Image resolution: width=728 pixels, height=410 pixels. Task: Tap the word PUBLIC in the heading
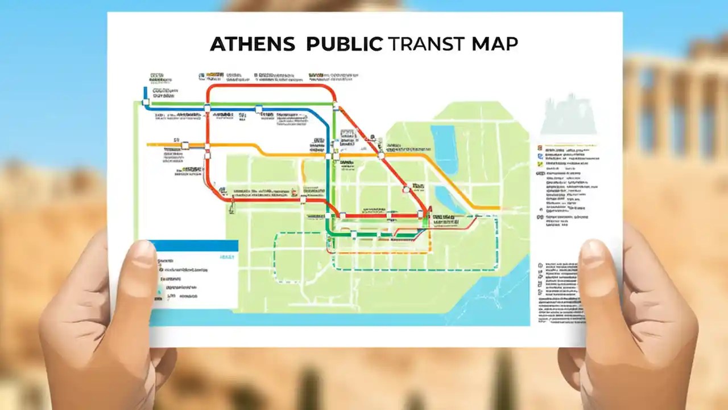point(344,45)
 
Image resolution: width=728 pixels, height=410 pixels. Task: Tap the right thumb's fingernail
point(593,254)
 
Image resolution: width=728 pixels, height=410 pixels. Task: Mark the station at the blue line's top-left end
point(146,102)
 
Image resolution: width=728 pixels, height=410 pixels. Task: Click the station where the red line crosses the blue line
point(207,108)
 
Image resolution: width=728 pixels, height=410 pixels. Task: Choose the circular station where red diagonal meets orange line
point(381,154)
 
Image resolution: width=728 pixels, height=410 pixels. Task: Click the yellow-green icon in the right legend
point(539,164)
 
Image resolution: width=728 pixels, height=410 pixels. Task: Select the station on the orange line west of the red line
point(185,145)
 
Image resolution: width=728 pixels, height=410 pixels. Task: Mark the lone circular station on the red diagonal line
point(406,190)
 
